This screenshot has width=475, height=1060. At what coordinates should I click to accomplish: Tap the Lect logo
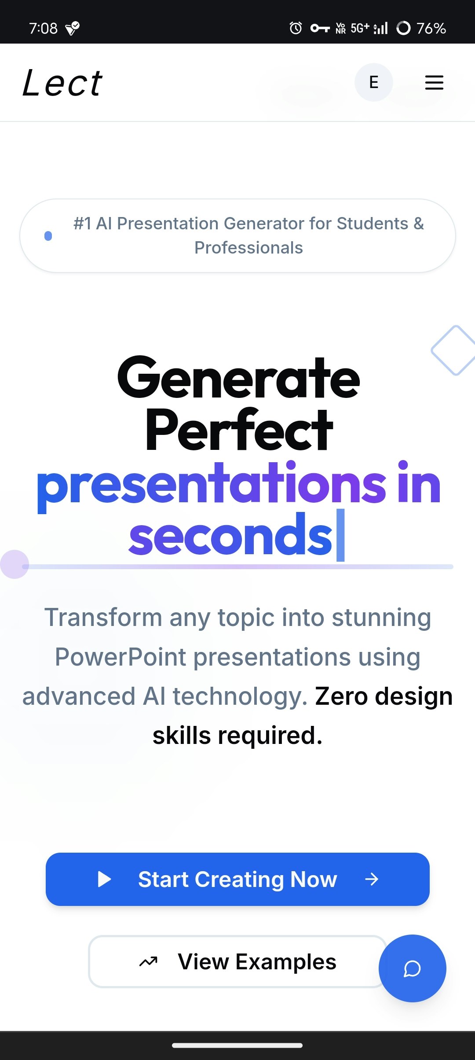(x=62, y=83)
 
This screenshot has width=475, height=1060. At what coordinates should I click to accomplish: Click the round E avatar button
(x=374, y=82)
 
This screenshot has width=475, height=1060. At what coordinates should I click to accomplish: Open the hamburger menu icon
(x=434, y=83)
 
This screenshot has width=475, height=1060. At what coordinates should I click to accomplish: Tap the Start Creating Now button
(x=237, y=879)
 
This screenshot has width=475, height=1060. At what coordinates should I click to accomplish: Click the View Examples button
(x=237, y=961)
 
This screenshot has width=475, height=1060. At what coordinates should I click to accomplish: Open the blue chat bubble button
(x=413, y=968)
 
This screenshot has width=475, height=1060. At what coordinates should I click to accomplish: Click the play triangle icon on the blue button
(x=104, y=879)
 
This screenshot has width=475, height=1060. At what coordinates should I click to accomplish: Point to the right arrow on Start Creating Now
(x=372, y=879)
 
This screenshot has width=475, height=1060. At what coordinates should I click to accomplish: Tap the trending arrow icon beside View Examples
(x=148, y=962)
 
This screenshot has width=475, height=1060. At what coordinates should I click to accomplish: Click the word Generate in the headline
(x=238, y=378)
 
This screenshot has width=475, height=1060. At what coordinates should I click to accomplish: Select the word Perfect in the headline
(x=239, y=430)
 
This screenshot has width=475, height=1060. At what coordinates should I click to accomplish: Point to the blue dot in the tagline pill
(x=48, y=236)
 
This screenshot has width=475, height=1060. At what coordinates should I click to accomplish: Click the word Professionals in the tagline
(x=248, y=248)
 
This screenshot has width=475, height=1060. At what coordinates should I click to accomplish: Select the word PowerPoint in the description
(x=121, y=657)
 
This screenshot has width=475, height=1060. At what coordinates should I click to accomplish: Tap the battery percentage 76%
(x=431, y=28)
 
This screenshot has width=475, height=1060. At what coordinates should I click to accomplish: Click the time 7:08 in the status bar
(x=43, y=28)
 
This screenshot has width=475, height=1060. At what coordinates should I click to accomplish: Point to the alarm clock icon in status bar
(x=296, y=28)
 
